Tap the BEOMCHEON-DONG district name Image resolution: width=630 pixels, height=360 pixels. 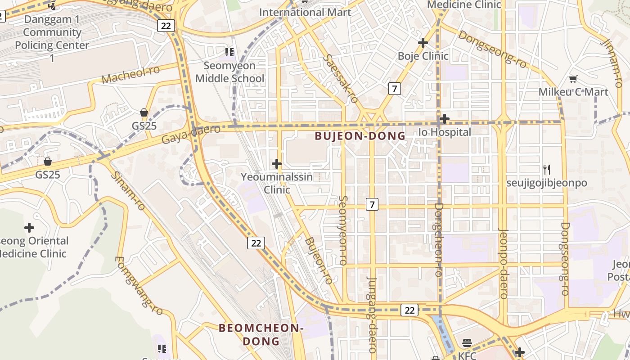[x=261, y=334]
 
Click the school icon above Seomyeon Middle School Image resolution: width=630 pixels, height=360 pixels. [x=229, y=52]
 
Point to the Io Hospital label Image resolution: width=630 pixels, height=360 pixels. [x=445, y=132]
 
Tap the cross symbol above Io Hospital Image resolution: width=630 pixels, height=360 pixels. [x=445, y=119]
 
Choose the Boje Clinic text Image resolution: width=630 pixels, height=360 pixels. [x=423, y=56]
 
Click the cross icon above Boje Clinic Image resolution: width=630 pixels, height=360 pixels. [x=423, y=43]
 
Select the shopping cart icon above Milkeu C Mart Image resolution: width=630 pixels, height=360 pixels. [x=573, y=79]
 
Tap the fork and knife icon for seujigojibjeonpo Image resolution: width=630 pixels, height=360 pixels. [x=547, y=170]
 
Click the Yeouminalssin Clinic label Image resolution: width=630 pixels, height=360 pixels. [x=277, y=183]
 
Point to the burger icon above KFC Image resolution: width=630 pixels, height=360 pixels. [x=467, y=343]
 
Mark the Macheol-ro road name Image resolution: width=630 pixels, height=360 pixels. [x=131, y=75]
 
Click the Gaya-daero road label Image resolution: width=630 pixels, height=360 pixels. [x=191, y=134]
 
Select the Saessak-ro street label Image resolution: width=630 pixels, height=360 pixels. [x=340, y=79]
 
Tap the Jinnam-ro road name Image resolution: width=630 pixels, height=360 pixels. [x=612, y=63]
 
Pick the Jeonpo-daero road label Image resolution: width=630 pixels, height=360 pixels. [x=504, y=264]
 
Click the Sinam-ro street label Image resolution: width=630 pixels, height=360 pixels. [x=128, y=191]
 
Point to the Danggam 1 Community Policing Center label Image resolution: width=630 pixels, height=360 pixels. [x=52, y=39]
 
